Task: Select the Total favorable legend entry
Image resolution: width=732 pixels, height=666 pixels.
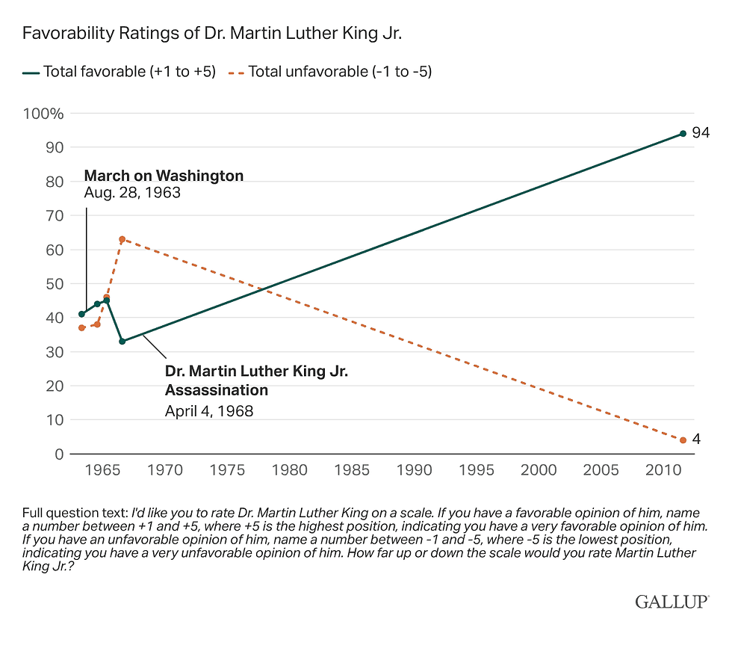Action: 120,72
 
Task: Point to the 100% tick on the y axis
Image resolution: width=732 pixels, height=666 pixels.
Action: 45,114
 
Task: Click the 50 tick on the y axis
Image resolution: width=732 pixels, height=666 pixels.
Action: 55,284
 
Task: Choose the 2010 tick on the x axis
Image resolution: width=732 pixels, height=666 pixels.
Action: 663,470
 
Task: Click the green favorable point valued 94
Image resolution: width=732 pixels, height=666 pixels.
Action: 683,133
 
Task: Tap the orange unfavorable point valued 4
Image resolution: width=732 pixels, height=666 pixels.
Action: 683,440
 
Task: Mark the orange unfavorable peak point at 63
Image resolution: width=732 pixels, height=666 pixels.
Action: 122,239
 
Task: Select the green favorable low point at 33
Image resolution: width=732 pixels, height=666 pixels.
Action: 122,341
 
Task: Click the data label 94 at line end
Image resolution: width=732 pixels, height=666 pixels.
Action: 700,133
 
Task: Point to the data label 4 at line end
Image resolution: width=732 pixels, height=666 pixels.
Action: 696,440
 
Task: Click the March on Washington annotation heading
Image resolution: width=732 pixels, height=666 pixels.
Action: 164,176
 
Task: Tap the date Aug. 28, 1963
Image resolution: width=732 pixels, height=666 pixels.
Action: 132,192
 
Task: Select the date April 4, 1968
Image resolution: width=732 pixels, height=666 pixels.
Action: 209,410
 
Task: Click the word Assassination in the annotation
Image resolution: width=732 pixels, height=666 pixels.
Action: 216,390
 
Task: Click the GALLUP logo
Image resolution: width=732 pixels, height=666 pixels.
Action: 672,601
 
